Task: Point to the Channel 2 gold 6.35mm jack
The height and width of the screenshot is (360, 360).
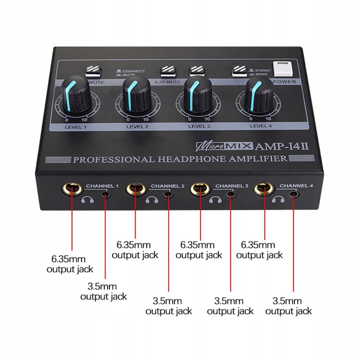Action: [136, 189]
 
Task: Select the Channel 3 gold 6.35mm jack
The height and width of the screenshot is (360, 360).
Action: [200, 189]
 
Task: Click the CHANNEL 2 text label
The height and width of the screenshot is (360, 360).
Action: [168, 186]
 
